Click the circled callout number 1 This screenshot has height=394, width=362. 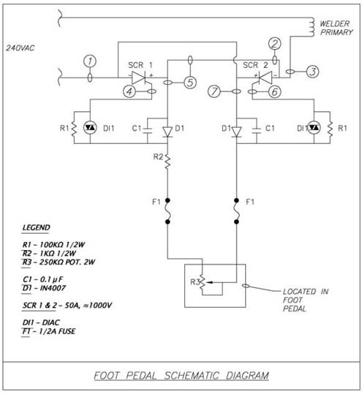tap(90, 61)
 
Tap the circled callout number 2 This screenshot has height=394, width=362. tap(275, 44)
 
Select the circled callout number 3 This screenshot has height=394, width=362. tap(312, 72)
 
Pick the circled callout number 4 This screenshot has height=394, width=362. tap(129, 91)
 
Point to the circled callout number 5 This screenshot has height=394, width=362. tap(190, 83)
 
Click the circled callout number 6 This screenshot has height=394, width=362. tap(275, 91)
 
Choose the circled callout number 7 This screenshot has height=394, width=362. tap(214, 91)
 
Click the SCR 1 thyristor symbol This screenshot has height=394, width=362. tap(140, 77)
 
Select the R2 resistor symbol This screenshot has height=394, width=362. tap(167, 162)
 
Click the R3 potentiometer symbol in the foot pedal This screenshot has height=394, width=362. tap(203, 283)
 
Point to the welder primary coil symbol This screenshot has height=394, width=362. tap(312, 27)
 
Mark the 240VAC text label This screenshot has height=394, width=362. tap(20, 48)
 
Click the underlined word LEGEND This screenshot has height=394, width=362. tap(37, 227)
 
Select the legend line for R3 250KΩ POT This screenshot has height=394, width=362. tap(59, 262)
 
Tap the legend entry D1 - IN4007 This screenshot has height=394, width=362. tap(44, 288)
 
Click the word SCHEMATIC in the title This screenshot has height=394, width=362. tap(192, 376)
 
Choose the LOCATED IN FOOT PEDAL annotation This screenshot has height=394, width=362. tap(306, 300)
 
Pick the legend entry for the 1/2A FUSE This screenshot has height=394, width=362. tap(49, 331)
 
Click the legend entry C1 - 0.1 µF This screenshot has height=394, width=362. tap(42, 279)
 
